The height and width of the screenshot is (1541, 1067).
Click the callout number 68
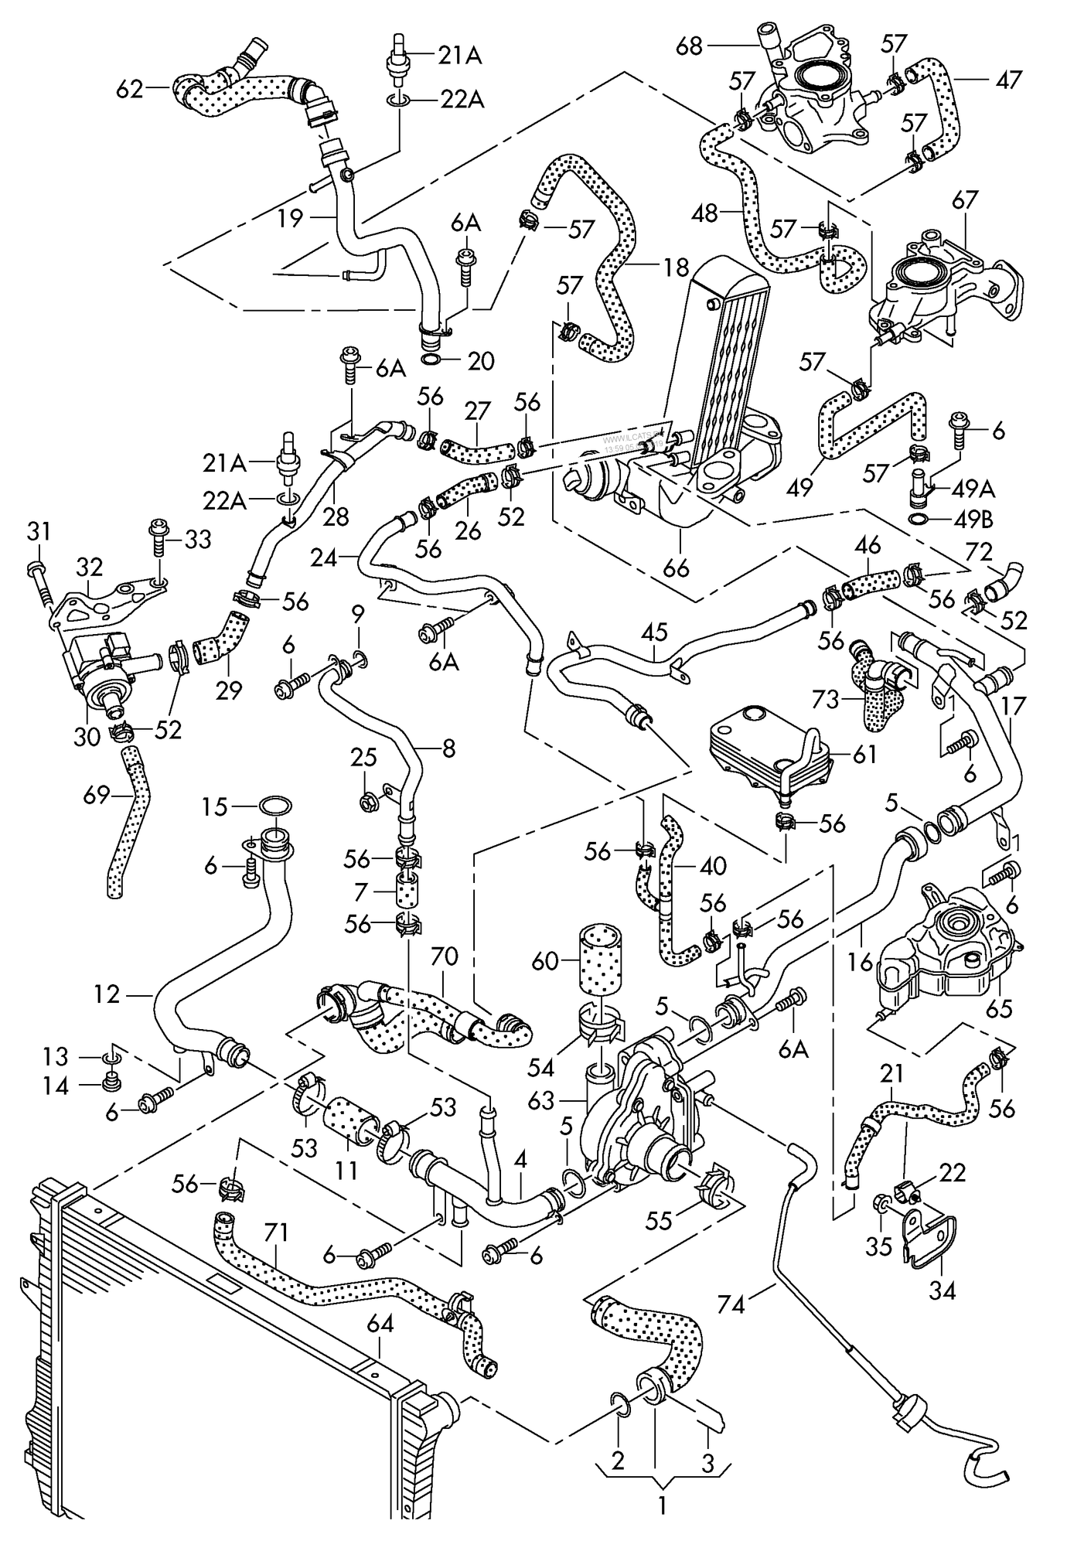[x=688, y=46]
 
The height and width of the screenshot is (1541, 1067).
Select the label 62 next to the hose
[x=130, y=90]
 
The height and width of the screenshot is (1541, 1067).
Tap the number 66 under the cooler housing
[x=676, y=568]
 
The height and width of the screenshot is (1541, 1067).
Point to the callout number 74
[x=731, y=1305]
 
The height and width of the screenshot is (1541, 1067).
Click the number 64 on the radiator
[x=380, y=1324]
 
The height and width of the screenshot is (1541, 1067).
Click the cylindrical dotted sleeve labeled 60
[x=599, y=961]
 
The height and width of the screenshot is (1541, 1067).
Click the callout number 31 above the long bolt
[x=39, y=531]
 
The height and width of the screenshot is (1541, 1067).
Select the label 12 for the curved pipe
[x=107, y=994]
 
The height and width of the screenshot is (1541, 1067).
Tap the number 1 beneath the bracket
[x=662, y=1505]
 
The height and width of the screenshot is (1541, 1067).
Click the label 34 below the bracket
[x=943, y=1290]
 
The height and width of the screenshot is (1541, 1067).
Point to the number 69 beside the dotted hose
[x=97, y=794]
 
